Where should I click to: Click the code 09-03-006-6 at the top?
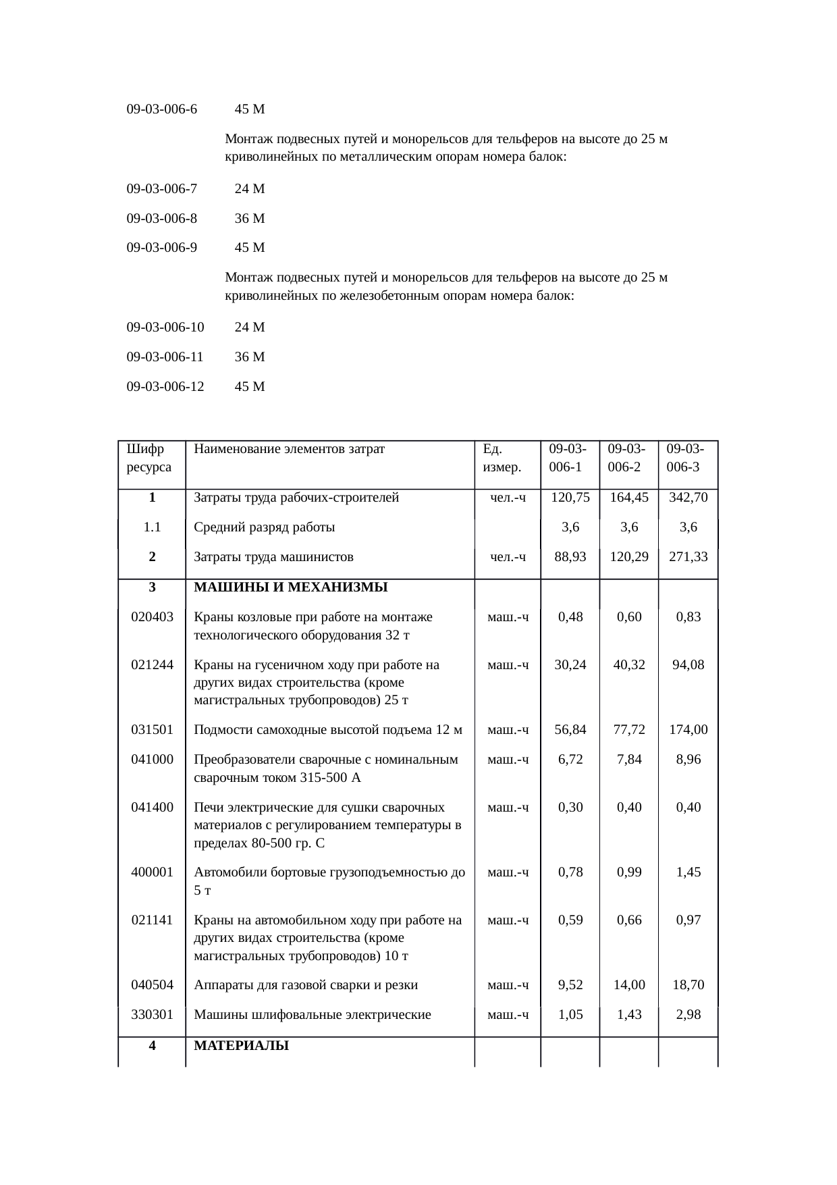pyautogui.click(x=162, y=109)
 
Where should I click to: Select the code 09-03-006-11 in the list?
pyautogui.click(x=165, y=357)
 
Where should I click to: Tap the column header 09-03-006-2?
pyautogui.click(x=628, y=458)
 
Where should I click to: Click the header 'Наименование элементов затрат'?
pyautogui.click(x=289, y=448)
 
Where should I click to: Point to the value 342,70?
pyautogui.click(x=688, y=498)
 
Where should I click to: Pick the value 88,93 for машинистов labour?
pyautogui.click(x=570, y=557)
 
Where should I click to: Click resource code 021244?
pyautogui.click(x=153, y=665)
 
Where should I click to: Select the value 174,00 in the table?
pyautogui.click(x=688, y=730)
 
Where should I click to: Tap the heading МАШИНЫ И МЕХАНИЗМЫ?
pyautogui.click(x=290, y=587)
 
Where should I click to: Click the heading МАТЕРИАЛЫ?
pyautogui.click(x=241, y=1046)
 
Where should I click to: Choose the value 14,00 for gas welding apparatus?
pyautogui.click(x=629, y=985)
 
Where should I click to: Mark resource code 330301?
pyautogui.click(x=153, y=1015)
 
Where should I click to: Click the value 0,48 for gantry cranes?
pyautogui.click(x=570, y=617)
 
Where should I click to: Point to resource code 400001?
pyautogui.click(x=153, y=872)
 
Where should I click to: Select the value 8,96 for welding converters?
pyautogui.click(x=688, y=760)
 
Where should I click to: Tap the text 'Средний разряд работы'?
pyautogui.click(x=264, y=527)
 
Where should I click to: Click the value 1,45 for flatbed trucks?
pyautogui.click(x=688, y=872)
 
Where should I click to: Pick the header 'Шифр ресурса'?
pyautogui.click(x=148, y=458)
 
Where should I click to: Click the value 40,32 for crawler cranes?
pyautogui.click(x=629, y=665)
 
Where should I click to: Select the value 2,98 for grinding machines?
pyautogui.click(x=688, y=1015)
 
